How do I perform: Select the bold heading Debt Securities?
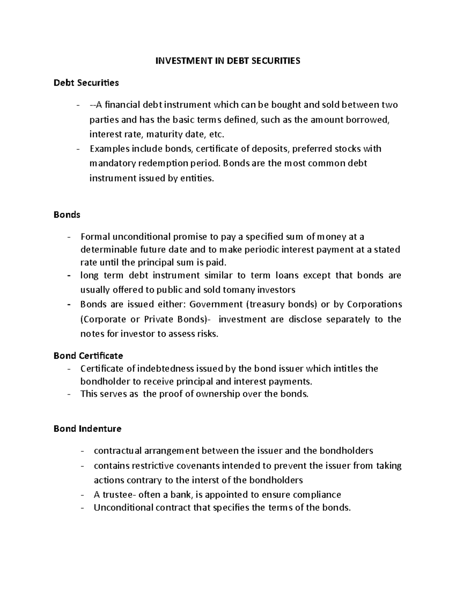tap(86, 83)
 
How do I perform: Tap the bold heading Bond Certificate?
tap(88, 356)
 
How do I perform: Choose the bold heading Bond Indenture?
tap(87, 429)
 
